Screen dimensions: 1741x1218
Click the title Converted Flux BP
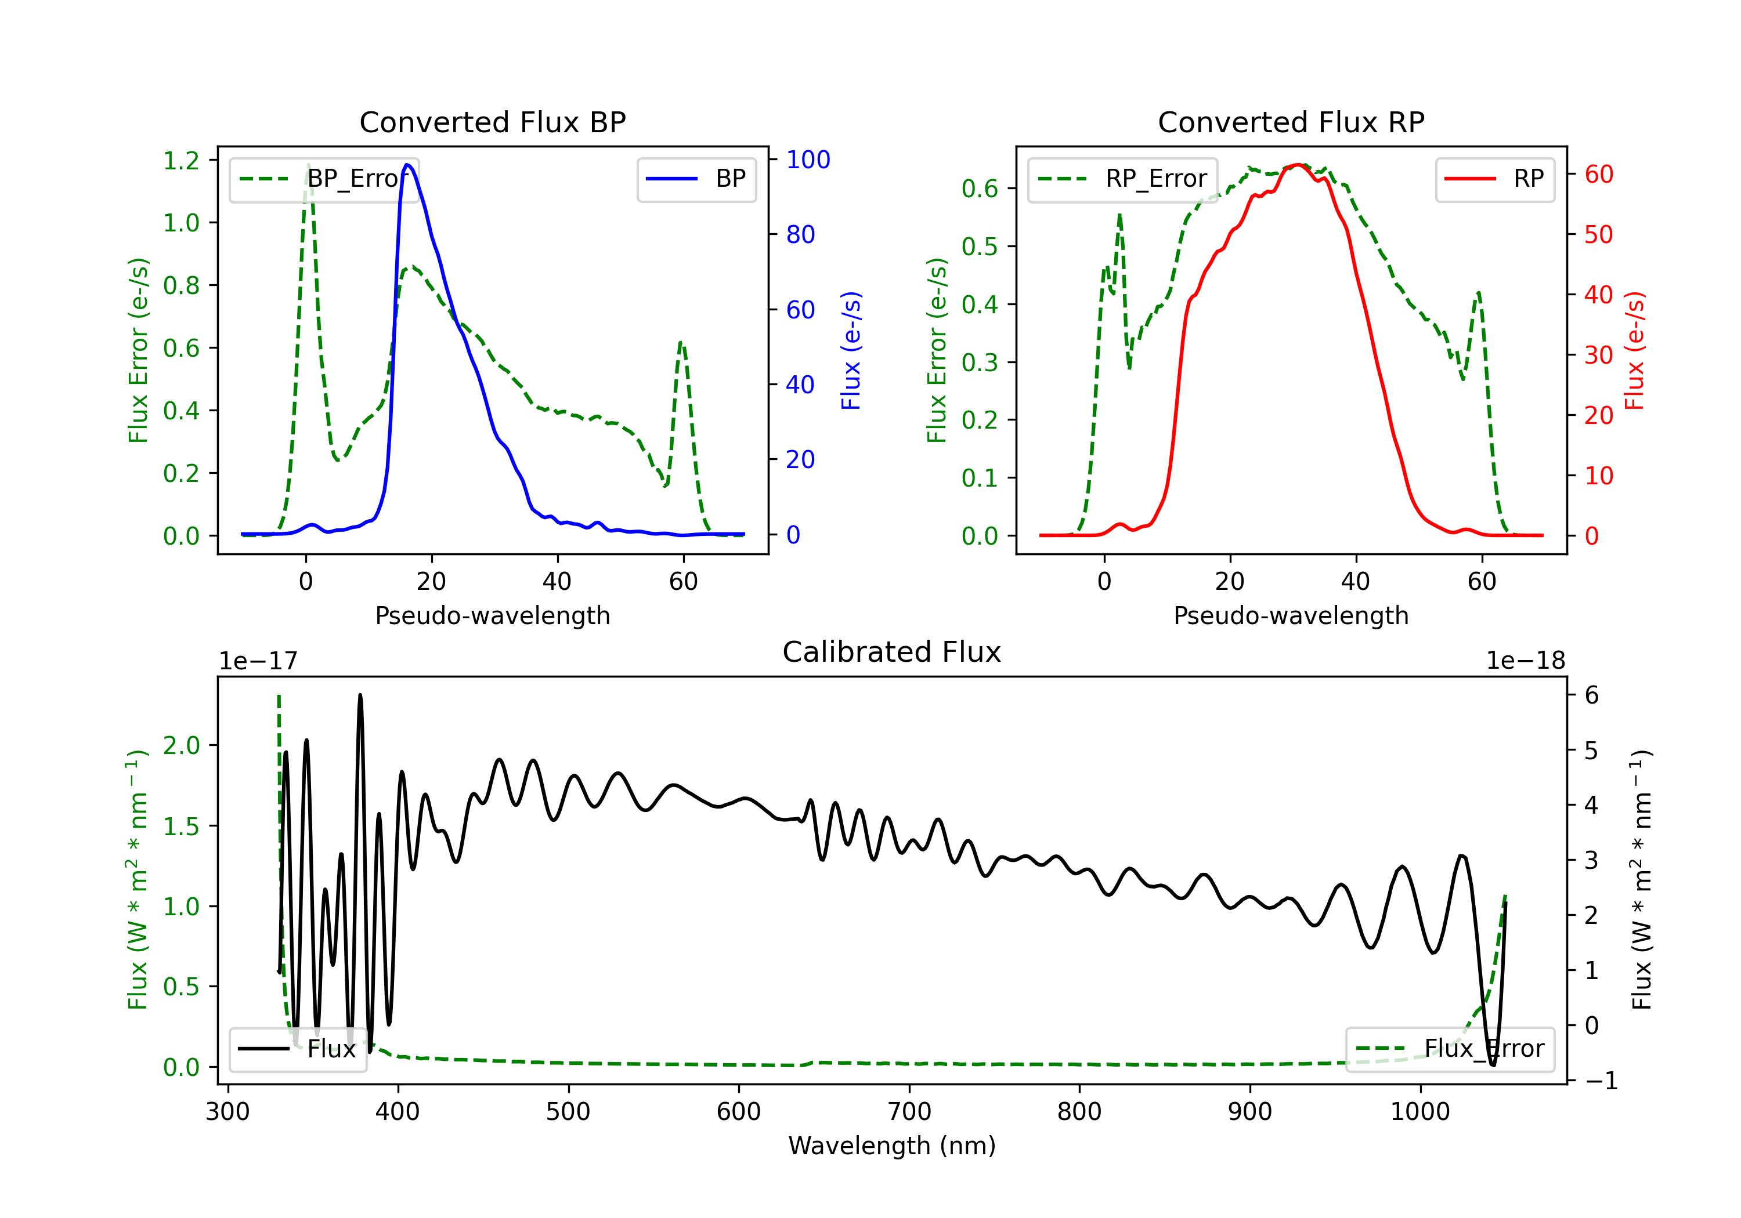[x=493, y=122]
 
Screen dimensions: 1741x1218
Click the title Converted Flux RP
[x=1291, y=122]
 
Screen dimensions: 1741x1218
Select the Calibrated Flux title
[x=892, y=652]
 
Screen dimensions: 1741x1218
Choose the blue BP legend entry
[x=696, y=179]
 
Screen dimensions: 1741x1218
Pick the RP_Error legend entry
[x=1122, y=179]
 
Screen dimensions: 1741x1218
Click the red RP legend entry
[x=1494, y=179]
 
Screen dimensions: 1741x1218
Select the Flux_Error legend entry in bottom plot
[x=1450, y=1049]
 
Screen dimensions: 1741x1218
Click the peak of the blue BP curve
[x=408, y=165]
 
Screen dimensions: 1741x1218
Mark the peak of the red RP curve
[x=1299, y=165]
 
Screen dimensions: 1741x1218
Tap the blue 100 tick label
[x=808, y=160]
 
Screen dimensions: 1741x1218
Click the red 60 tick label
[x=1599, y=175]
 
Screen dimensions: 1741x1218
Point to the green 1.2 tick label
[x=181, y=161]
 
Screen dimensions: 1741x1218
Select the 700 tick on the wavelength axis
[x=909, y=1112]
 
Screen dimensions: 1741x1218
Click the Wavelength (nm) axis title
[x=892, y=1146]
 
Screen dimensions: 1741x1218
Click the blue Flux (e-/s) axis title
[x=851, y=351]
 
